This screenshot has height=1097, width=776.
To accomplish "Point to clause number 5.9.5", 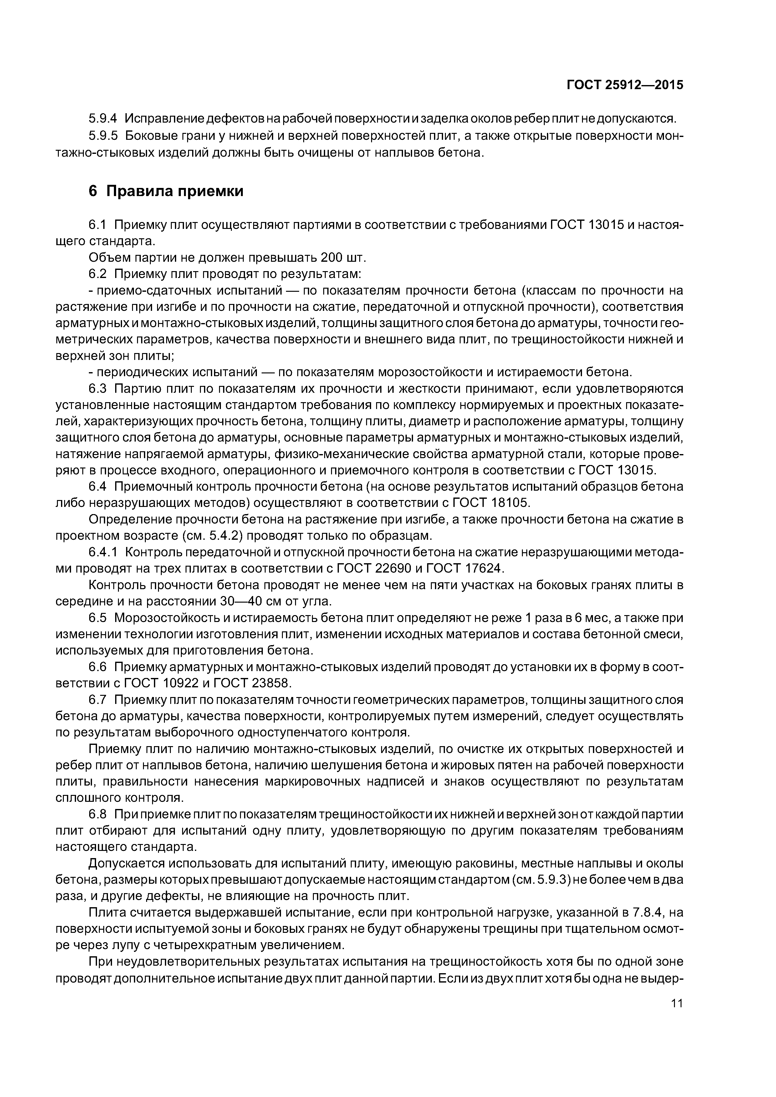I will coord(103,136).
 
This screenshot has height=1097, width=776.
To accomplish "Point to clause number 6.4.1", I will coord(103,552).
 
